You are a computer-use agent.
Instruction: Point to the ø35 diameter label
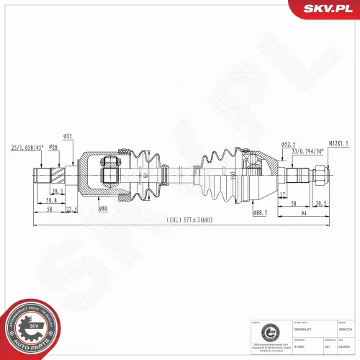[x=68, y=135]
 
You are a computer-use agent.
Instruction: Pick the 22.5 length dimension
[x=71, y=209]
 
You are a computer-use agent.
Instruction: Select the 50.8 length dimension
[x=51, y=201]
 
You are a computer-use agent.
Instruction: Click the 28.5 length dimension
[x=56, y=191]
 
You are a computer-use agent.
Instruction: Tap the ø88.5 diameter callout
[x=259, y=213]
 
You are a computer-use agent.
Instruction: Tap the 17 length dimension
[x=284, y=194]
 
